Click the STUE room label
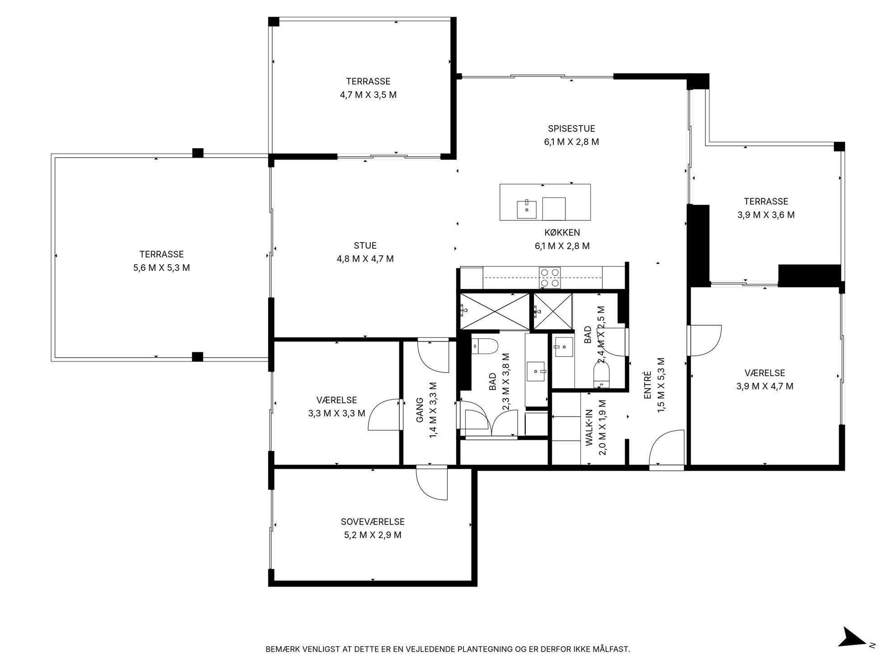[x=365, y=246]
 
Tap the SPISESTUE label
[x=571, y=129]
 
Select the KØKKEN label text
[x=562, y=233]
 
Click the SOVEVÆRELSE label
[x=373, y=522]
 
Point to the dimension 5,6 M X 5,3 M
[x=161, y=268]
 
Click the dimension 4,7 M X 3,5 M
[x=368, y=95]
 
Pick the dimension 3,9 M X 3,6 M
[x=766, y=215]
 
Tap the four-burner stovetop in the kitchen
[x=550, y=278]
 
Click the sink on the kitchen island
[x=527, y=209]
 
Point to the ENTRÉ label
[x=647, y=385]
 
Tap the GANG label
[x=420, y=410]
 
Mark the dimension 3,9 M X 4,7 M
[x=765, y=386]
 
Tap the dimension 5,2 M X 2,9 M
[x=373, y=535]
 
